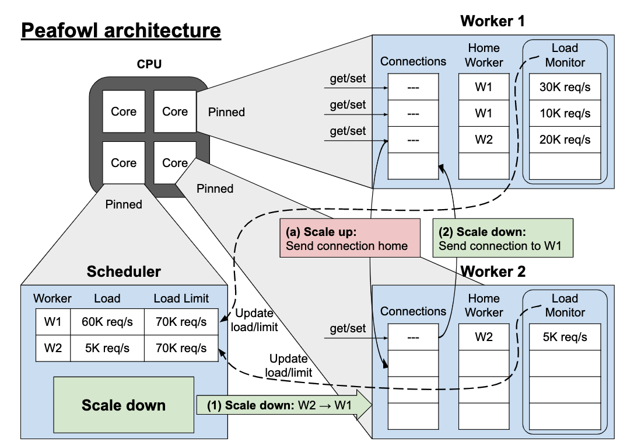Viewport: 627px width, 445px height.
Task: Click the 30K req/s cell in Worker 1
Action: [x=564, y=87]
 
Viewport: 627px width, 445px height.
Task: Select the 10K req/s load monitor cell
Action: [x=564, y=113]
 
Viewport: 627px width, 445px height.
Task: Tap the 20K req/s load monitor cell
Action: [x=564, y=140]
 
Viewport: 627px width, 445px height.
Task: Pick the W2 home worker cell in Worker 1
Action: [x=484, y=140]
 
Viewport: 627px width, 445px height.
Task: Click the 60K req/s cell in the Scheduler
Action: [x=107, y=321]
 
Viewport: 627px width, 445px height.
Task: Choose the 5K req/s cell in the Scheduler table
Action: [x=107, y=348]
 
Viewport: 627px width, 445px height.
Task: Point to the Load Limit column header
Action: [x=181, y=298]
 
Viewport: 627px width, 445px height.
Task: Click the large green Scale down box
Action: [x=123, y=404]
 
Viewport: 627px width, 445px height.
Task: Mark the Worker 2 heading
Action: [x=493, y=272]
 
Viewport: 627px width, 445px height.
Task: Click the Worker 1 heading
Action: [x=492, y=22]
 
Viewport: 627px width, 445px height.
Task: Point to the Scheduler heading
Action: [x=124, y=271]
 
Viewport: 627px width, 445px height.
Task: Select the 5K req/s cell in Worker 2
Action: [x=564, y=337]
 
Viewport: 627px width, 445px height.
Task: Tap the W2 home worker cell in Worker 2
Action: [x=484, y=337]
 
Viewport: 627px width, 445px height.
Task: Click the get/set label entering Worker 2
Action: [x=348, y=328]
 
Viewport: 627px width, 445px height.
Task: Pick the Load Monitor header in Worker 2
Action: [x=564, y=305]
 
